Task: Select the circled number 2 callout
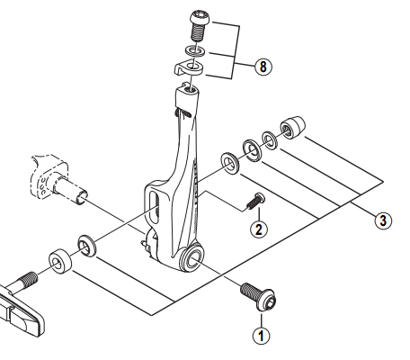[x=258, y=229]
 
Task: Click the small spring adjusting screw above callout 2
[x=254, y=202]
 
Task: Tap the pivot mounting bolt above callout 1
[x=259, y=297]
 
